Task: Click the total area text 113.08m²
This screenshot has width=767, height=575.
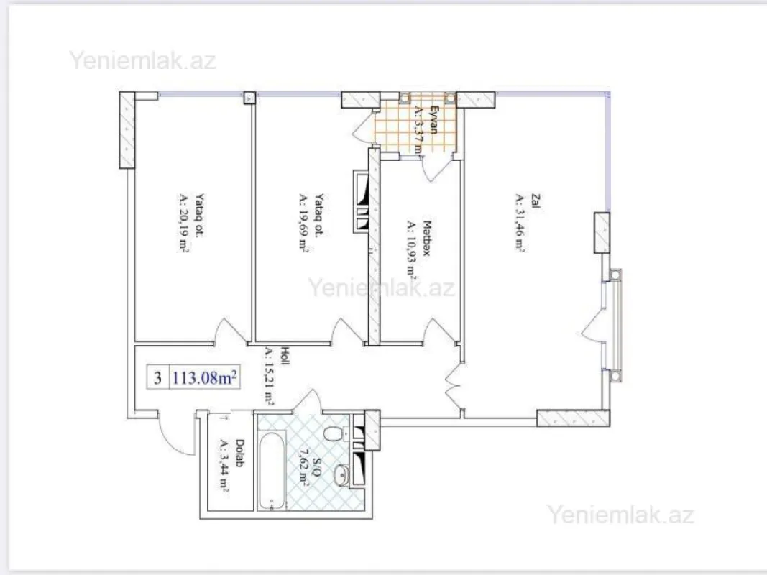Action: [204, 377]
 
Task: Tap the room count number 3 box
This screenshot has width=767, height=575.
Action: [157, 377]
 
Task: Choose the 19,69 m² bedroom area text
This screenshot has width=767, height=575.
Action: [304, 222]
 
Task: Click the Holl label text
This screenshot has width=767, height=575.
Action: [285, 354]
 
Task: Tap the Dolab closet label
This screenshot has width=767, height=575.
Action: [240, 452]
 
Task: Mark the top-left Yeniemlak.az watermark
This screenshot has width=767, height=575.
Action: [142, 60]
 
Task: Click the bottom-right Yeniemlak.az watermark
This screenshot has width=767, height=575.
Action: [620, 515]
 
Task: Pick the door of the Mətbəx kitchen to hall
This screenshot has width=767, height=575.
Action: [438, 331]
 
